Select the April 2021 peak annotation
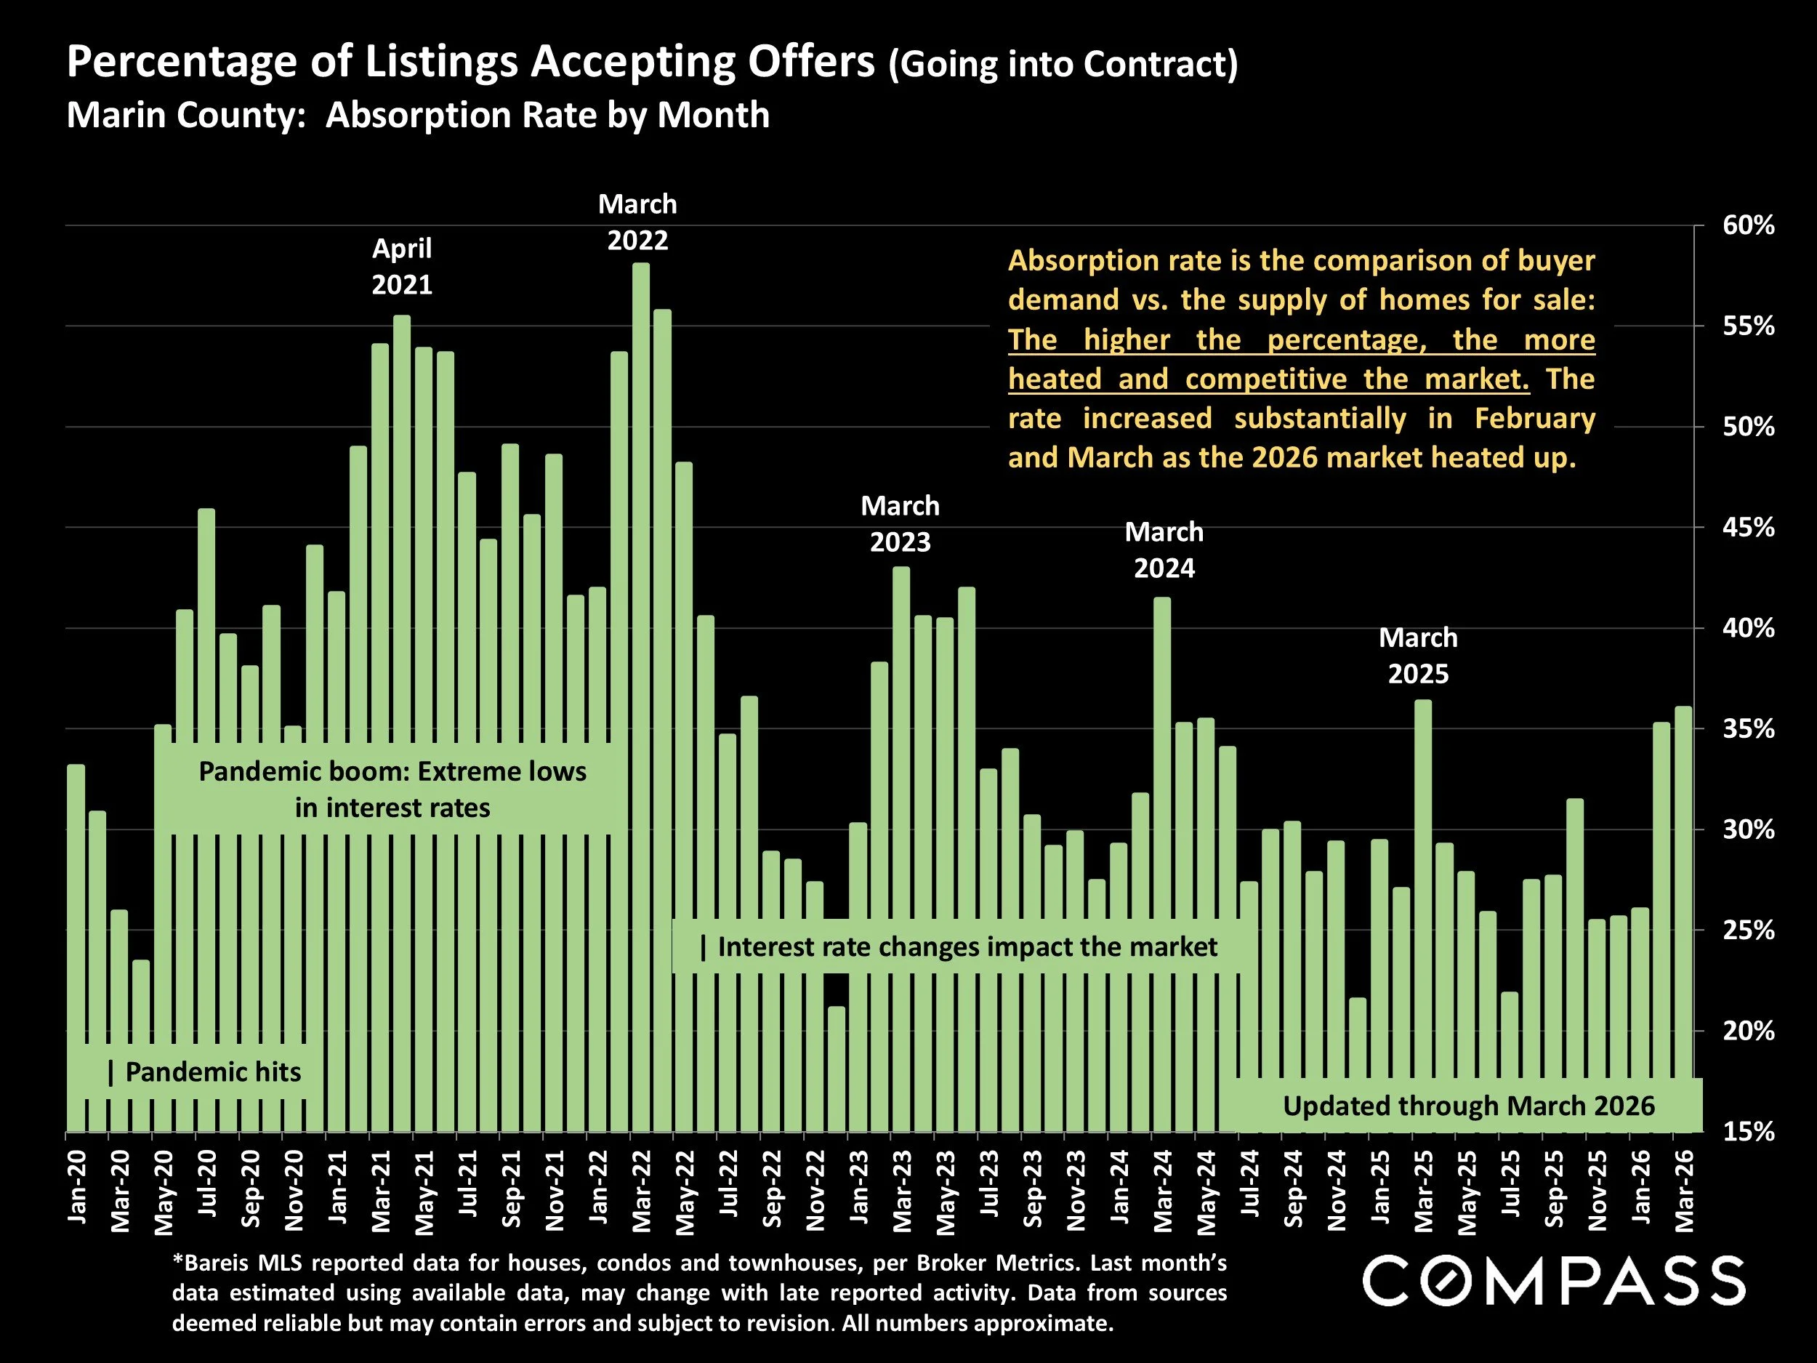402,266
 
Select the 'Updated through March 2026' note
1469,1106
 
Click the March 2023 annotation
901,524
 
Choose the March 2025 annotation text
1419,656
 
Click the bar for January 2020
76,945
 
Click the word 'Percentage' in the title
182,62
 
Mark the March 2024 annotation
1164,550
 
